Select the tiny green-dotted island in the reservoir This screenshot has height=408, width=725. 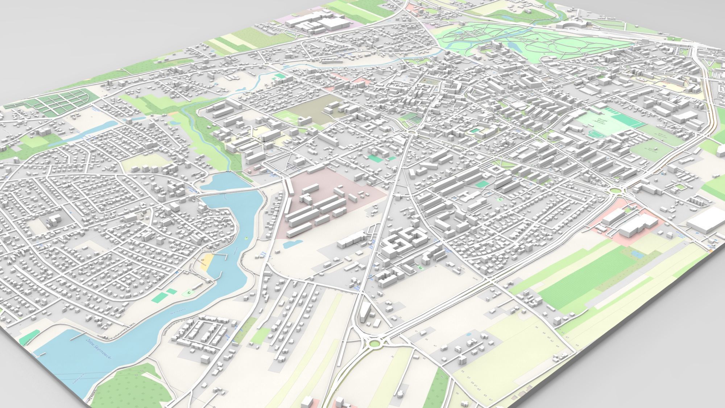click(246, 238)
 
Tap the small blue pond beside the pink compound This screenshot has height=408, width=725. click(291, 244)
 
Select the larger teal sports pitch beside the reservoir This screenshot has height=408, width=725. click(158, 297)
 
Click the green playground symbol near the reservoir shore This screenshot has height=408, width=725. click(188, 291)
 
